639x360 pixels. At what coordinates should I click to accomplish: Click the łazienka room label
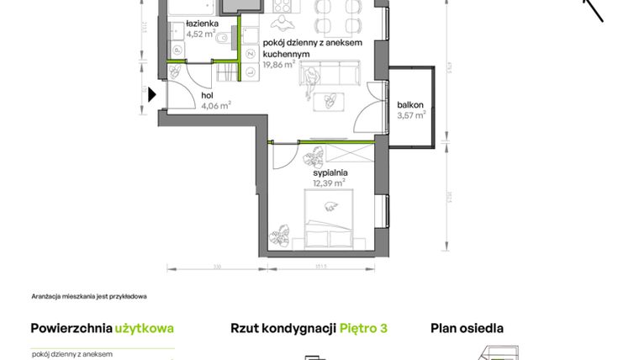[203, 24]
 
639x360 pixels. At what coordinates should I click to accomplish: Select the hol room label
[207, 96]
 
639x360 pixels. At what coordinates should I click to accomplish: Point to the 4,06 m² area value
[216, 106]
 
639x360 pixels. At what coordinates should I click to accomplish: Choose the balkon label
[411, 105]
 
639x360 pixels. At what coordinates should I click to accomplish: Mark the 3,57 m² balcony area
[412, 115]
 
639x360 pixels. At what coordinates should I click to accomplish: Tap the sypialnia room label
[330, 172]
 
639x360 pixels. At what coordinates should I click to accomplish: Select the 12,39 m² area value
[329, 183]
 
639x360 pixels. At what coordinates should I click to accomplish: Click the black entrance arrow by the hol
[152, 95]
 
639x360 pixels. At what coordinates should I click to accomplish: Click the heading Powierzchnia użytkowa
[102, 329]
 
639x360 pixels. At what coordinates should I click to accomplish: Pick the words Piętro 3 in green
[363, 329]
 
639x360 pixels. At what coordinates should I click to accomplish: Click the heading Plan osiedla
[467, 329]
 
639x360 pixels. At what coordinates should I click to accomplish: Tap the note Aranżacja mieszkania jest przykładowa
[89, 296]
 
